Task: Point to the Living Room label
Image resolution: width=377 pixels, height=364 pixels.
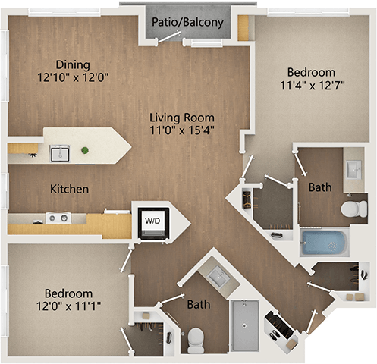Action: pos(181,118)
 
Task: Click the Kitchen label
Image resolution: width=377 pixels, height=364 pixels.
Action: pos(70,188)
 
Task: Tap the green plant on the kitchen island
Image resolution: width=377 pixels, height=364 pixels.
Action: pos(85,150)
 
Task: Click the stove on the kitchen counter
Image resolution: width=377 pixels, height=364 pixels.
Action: pos(55,218)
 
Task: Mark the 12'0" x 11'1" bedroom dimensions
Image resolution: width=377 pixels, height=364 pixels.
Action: pos(68,307)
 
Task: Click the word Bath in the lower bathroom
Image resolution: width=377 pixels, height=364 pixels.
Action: pos(199,305)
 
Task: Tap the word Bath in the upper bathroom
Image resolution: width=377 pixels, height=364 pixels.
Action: pos(319,186)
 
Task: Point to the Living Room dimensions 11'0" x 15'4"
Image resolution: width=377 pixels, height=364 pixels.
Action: pos(181,131)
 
